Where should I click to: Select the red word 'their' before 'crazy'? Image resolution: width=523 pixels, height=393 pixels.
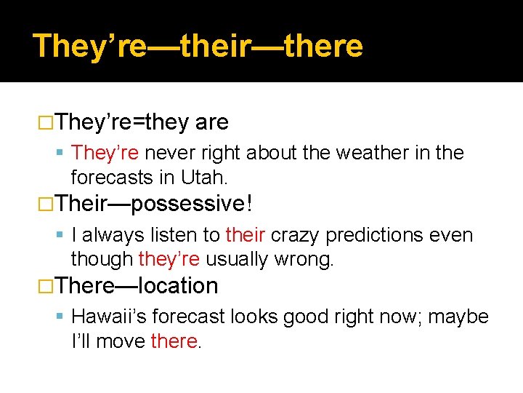pos(245,236)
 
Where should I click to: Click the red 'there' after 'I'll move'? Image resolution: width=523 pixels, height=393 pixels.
pos(174,341)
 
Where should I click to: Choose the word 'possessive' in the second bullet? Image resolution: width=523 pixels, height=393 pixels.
pos(192,203)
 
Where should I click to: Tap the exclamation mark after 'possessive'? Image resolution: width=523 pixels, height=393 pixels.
pos(249,203)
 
